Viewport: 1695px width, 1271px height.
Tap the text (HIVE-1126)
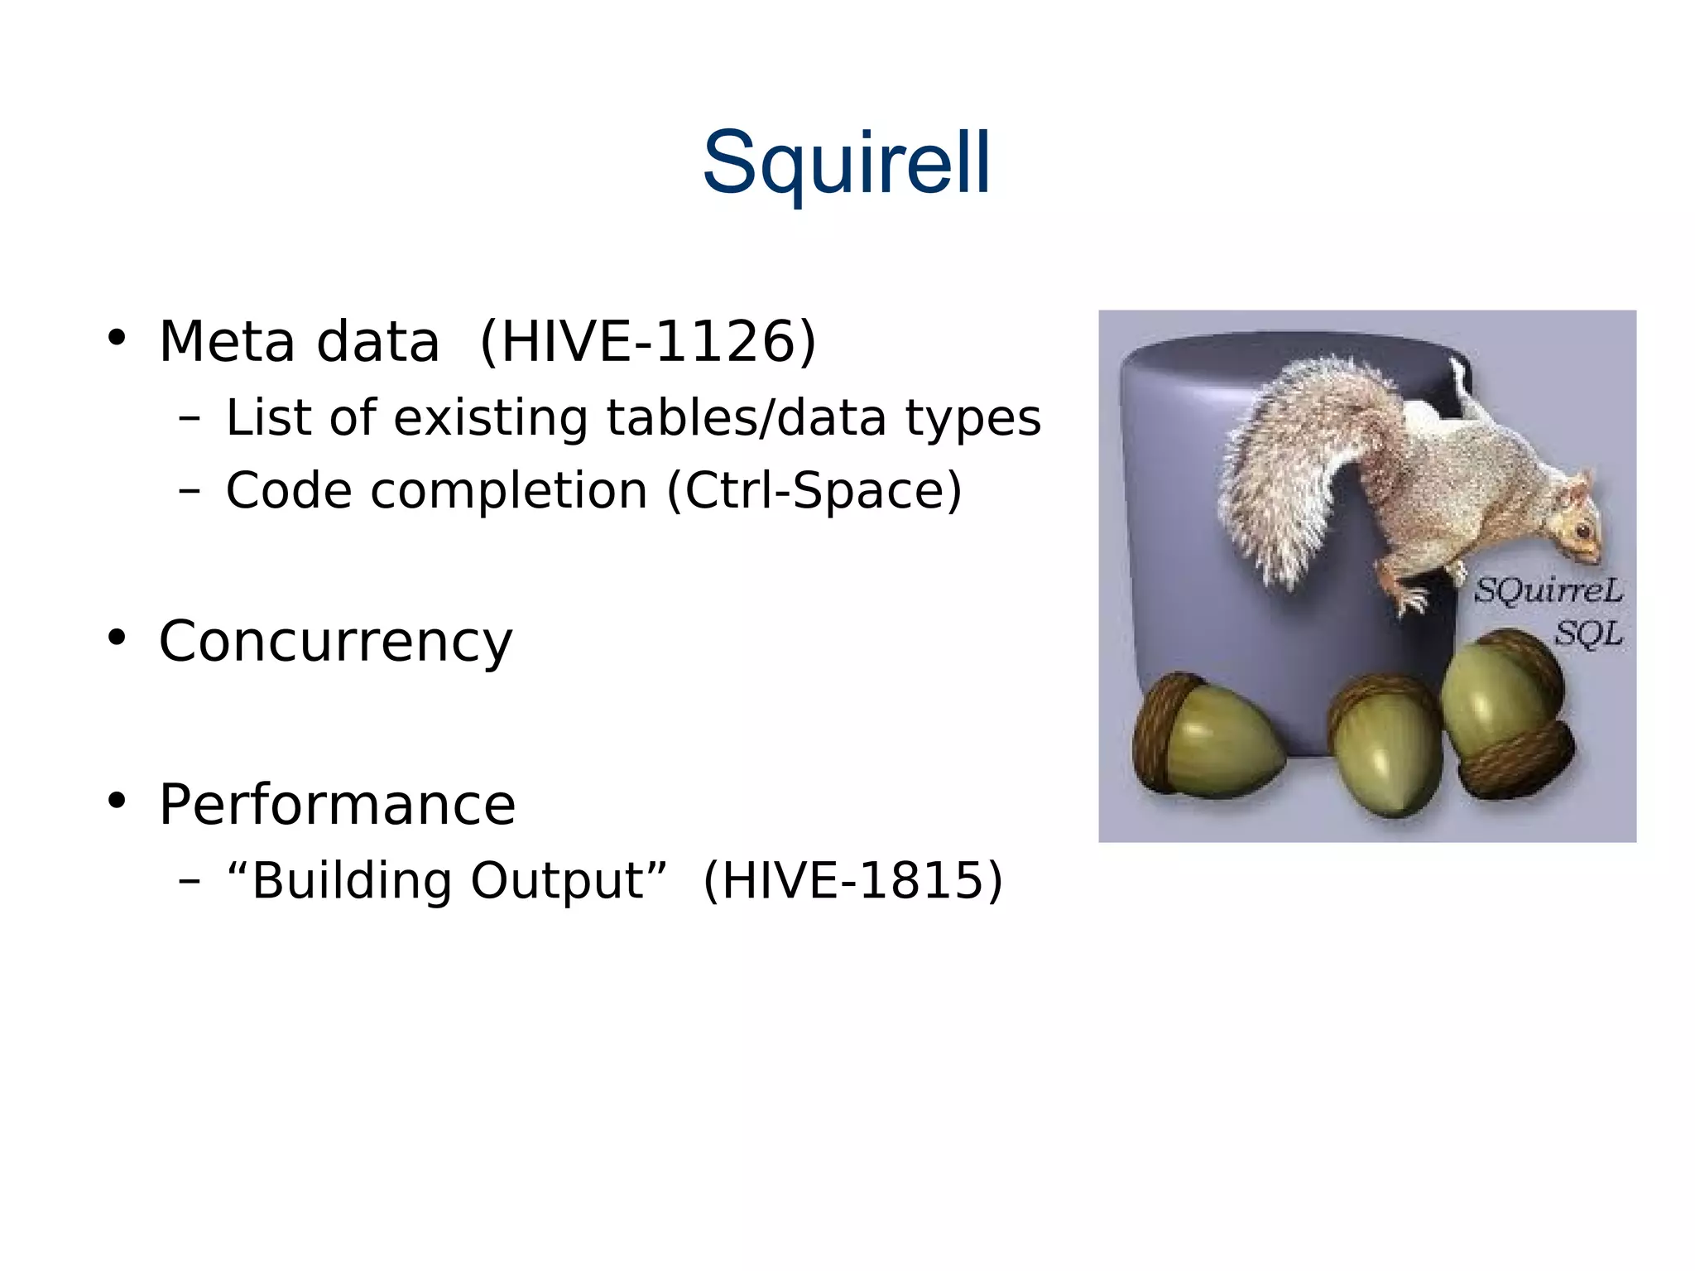point(648,341)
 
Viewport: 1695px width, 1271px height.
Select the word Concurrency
point(335,641)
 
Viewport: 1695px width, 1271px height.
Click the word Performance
point(337,804)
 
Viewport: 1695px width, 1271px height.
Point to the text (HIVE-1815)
point(852,879)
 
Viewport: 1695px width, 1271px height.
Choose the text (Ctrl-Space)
point(814,490)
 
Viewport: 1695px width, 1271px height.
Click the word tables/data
point(747,417)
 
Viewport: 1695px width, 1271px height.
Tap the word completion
point(509,491)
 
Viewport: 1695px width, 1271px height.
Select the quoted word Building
point(353,879)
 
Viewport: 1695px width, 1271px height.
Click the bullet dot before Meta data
point(117,338)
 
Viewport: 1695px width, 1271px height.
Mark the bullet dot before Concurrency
point(117,638)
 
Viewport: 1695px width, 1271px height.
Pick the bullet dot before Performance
point(117,801)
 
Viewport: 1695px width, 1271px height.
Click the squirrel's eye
point(1582,529)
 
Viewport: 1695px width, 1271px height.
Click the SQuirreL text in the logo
point(1548,590)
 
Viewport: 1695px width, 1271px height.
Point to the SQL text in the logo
point(1587,634)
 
